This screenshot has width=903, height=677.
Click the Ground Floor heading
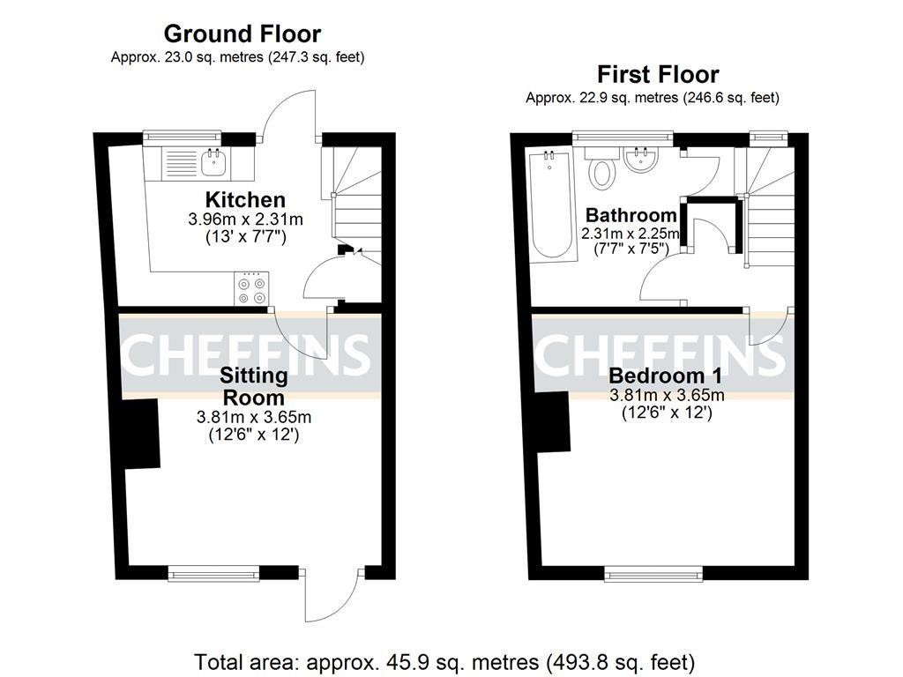(x=242, y=34)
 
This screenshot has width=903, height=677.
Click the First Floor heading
(x=658, y=74)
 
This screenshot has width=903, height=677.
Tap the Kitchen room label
(x=245, y=200)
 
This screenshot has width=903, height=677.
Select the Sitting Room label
(x=253, y=386)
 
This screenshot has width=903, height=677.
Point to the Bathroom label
(x=631, y=215)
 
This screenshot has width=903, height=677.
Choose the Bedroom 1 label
(x=665, y=376)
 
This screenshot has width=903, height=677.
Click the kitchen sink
(x=214, y=162)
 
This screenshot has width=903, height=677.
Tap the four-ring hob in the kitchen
(x=251, y=288)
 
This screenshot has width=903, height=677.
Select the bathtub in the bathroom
(x=553, y=205)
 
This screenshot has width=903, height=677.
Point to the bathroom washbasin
(x=640, y=160)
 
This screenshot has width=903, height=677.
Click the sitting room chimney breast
(x=142, y=433)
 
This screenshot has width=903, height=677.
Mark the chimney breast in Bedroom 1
(x=553, y=422)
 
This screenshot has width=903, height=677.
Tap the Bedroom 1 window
(x=653, y=573)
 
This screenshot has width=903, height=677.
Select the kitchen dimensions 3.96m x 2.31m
(x=245, y=219)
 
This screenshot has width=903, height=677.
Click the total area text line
(x=444, y=662)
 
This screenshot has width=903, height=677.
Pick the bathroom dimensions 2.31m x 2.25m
(x=631, y=234)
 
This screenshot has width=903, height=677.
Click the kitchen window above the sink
(x=182, y=137)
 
